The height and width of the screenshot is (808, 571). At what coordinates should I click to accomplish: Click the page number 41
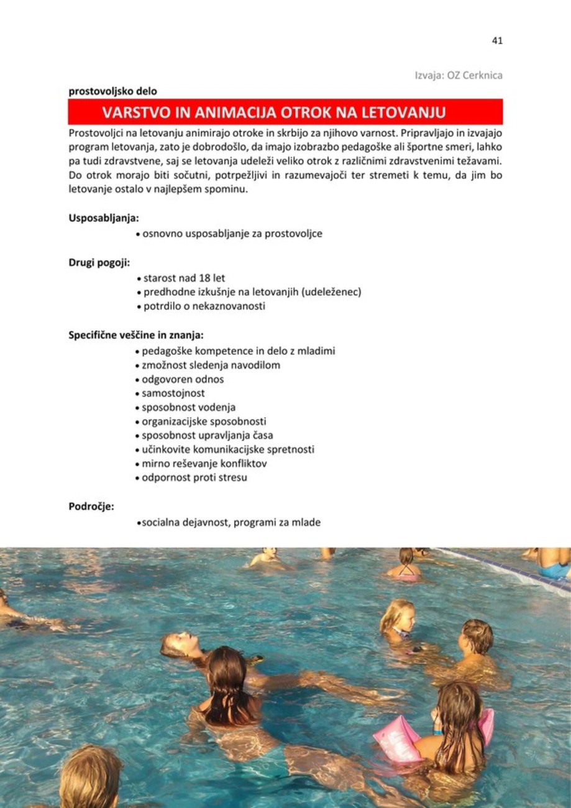[x=496, y=40]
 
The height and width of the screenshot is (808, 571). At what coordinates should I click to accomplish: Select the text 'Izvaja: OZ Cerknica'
[x=459, y=75]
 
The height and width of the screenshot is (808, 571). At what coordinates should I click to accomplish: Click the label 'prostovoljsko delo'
[x=112, y=91]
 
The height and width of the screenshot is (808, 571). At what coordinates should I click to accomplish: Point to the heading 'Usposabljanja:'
[x=103, y=218]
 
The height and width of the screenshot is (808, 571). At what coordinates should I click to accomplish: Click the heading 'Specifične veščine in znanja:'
[x=135, y=336]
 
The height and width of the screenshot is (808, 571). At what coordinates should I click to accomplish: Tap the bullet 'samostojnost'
[x=173, y=393]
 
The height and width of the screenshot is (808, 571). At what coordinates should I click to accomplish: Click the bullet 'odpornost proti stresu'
[x=194, y=478]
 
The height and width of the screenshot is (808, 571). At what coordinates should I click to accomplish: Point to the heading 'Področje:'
[x=91, y=507]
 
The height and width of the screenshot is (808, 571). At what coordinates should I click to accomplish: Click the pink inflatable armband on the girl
[x=397, y=738]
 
